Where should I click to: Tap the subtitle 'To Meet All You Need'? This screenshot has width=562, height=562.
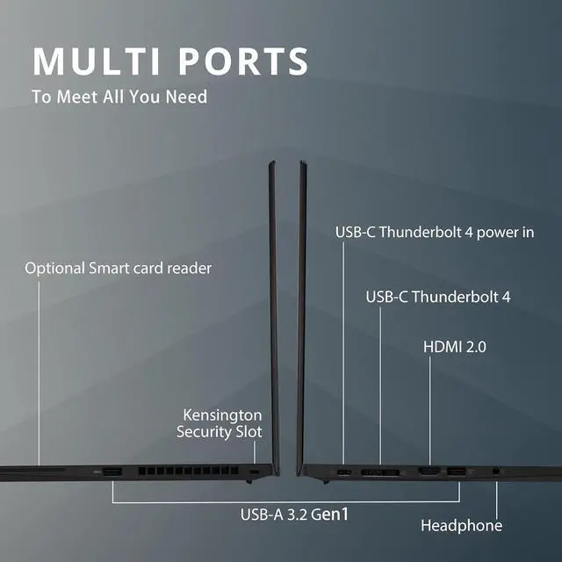[119, 97]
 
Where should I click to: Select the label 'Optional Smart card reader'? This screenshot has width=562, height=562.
[118, 268]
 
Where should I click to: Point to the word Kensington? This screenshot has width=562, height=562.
[222, 414]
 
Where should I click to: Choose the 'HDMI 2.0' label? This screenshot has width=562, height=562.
[455, 347]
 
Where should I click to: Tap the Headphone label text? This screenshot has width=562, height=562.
[461, 525]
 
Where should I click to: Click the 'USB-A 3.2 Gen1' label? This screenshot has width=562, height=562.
[295, 514]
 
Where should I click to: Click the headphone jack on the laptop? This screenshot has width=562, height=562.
[498, 472]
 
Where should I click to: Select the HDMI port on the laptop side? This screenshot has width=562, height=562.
[429, 473]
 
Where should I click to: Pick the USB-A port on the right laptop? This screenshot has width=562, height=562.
[456, 473]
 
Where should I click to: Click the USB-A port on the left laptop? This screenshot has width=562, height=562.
[112, 474]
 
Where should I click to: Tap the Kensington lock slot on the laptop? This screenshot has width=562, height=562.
[255, 474]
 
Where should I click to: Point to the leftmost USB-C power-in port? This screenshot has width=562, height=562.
[343, 473]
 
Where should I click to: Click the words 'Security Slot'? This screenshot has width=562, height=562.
[219, 432]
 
